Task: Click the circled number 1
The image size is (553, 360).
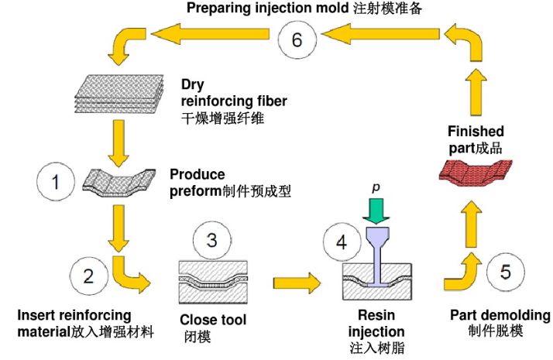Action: click(x=56, y=183)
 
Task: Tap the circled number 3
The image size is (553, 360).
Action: click(x=211, y=241)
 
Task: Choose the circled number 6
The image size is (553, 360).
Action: click(x=297, y=39)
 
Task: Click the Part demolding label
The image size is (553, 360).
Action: click(x=500, y=315)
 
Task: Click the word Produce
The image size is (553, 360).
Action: click(x=197, y=174)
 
